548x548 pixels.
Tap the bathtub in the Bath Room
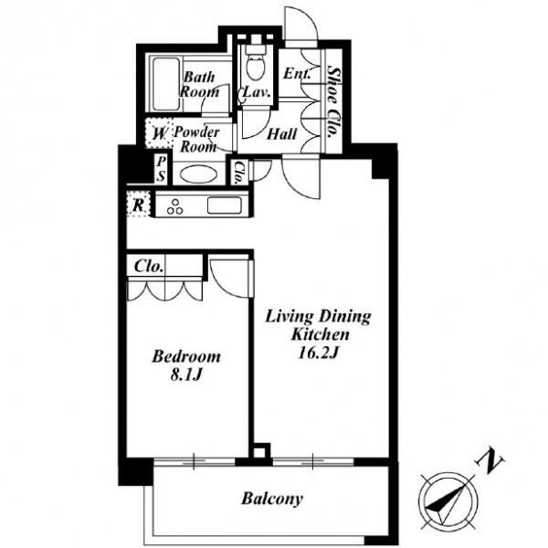(x=166, y=84)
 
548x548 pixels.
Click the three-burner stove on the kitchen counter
(x=175, y=206)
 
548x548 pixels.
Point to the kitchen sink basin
(x=224, y=205)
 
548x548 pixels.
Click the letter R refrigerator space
(x=139, y=205)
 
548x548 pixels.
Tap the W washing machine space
(x=160, y=134)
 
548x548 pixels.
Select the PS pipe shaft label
(x=161, y=169)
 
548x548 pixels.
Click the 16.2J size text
(x=318, y=353)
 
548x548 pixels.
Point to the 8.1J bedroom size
(x=186, y=375)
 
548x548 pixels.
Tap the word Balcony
(x=272, y=499)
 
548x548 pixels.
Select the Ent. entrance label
(x=297, y=73)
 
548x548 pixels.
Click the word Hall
(x=281, y=134)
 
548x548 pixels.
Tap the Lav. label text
(x=257, y=92)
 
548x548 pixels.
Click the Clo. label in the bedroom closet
(x=149, y=267)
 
